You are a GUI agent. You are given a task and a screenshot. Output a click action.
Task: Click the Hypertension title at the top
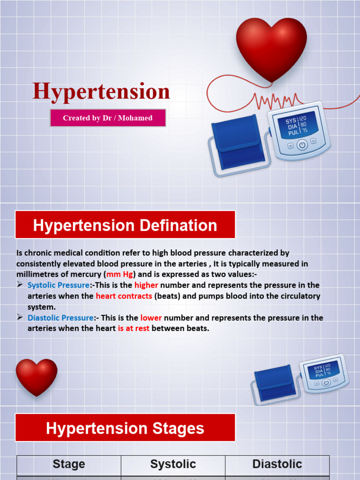[101, 91]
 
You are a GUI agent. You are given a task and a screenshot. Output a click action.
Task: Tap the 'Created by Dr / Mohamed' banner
[108, 118]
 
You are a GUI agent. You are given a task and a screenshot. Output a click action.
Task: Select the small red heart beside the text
[37, 376]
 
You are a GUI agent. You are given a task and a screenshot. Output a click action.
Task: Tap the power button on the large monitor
[302, 145]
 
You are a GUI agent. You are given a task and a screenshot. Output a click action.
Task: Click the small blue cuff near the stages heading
[275, 382]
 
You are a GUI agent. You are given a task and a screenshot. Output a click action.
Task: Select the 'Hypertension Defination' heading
[125, 225]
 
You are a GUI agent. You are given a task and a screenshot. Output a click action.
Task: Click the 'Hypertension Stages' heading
[125, 428]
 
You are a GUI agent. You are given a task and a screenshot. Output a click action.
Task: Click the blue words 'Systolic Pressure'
[59, 285]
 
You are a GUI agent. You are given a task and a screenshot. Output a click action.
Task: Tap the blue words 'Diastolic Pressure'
[60, 318]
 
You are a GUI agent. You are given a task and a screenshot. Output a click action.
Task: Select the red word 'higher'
[146, 285]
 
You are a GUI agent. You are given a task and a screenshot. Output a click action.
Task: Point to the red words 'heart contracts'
[124, 296]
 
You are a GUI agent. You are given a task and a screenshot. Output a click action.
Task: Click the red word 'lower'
[151, 318]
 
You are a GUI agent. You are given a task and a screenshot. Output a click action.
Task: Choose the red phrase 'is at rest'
[134, 329]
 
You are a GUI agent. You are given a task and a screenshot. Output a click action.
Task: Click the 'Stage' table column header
[69, 465]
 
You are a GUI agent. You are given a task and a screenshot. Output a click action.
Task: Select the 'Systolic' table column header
[173, 465]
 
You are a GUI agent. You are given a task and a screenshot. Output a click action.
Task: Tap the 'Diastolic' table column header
[277, 465]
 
